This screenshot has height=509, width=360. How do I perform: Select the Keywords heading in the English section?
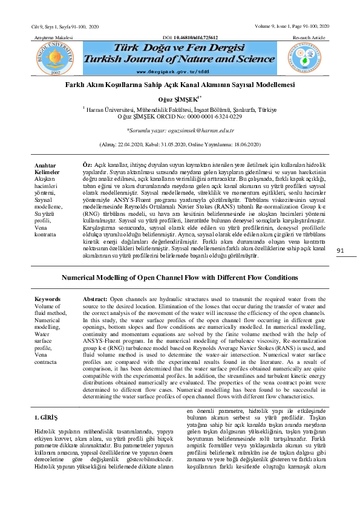click(x=47, y=299)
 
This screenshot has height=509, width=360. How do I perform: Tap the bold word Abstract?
click(x=95, y=299)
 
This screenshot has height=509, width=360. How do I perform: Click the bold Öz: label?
click(x=87, y=164)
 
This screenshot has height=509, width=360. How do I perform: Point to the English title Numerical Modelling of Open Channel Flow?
click(x=180, y=279)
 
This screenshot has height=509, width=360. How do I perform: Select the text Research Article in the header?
click(x=311, y=37)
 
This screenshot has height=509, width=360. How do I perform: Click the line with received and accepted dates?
click(x=180, y=145)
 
